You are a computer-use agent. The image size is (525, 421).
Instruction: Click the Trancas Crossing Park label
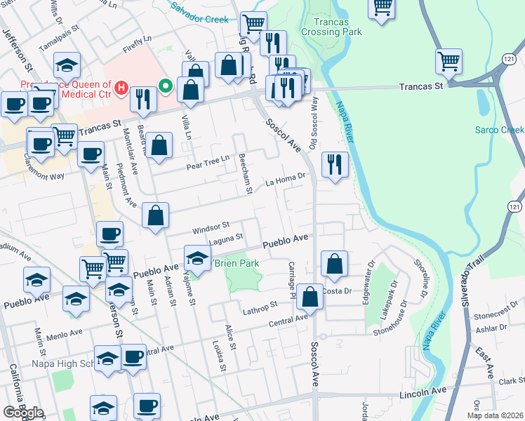(x=331, y=27)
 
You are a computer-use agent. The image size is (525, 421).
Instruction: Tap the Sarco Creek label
(x=499, y=130)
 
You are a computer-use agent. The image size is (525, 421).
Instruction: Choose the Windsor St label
(x=211, y=227)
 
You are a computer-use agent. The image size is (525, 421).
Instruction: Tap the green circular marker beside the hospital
(x=166, y=86)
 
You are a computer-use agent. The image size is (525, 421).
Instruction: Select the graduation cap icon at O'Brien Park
(x=197, y=258)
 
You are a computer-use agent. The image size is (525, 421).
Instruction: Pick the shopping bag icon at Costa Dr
(x=310, y=297)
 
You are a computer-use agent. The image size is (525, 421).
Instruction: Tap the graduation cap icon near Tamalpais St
(x=67, y=66)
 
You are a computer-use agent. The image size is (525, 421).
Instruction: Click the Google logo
(x=23, y=413)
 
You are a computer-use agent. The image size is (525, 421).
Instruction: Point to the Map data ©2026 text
(x=495, y=415)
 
